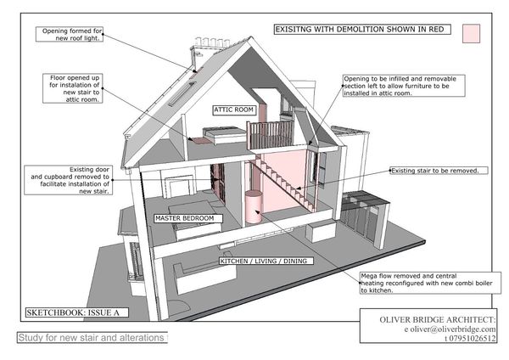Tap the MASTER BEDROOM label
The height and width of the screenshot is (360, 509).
point(187,218)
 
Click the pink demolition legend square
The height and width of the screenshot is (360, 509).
point(472,33)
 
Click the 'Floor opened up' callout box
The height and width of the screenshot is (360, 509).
point(75,87)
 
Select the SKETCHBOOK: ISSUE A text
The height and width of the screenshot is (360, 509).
point(76,312)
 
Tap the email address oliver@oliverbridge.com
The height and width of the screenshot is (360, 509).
point(428,328)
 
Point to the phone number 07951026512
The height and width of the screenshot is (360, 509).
point(441,337)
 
